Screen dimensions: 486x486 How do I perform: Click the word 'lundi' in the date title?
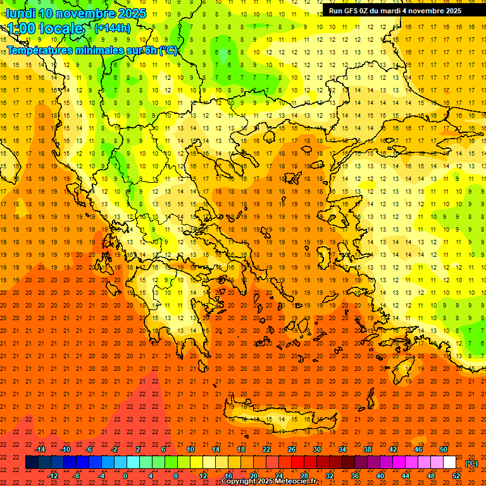coord(21,13)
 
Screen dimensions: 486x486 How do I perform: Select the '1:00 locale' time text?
coord(45,28)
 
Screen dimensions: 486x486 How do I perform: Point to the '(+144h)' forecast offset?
coord(113,28)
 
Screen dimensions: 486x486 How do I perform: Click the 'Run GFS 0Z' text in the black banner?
coord(350,11)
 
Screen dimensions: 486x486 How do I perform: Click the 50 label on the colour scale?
coord(443,449)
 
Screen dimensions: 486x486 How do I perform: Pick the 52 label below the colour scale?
coord(456,476)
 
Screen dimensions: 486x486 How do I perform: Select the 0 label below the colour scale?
coord(126,476)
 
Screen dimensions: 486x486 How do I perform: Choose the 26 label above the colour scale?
coord(292,449)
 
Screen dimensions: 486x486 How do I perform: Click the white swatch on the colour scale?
coord(449,463)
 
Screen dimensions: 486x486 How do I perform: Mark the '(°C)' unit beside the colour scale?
coord(471,463)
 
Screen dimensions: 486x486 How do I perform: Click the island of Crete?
coord(278,419)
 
